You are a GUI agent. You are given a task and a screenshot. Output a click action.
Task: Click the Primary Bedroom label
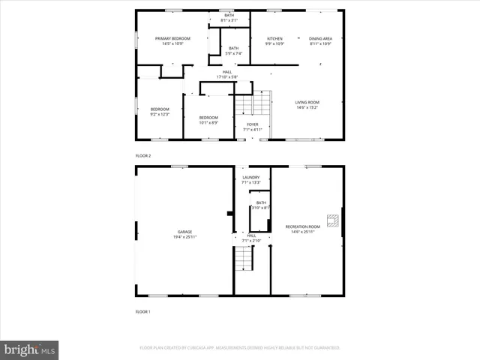tap(172, 38)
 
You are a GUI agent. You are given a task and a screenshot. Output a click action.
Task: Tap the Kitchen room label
tap(275, 38)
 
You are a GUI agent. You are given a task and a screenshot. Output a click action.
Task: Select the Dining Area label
tap(321, 38)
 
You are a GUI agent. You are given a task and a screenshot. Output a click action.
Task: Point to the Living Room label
tap(307, 102)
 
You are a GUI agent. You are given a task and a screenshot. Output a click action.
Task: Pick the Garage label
tap(184, 232)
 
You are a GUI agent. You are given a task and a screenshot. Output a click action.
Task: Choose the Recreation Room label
tap(303, 226)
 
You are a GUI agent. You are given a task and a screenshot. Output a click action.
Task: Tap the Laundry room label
tap(250, 178)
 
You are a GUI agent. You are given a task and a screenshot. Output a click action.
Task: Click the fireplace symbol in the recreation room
tap(337, 220)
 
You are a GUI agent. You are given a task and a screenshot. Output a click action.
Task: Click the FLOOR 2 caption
tap(143, 155)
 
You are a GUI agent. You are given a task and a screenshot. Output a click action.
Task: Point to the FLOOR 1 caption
tap(143, 311)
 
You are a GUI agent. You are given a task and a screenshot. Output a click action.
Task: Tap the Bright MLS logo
tap(30, 349)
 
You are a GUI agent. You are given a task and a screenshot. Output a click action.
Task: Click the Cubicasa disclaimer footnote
tap(240, 348)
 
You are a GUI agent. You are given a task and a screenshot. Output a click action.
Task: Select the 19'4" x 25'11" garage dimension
tap(184, 237)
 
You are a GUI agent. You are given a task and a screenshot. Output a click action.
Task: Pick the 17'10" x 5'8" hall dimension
tap(226, 77)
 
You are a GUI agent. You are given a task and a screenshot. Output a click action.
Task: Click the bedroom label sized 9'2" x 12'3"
tap(160, 114)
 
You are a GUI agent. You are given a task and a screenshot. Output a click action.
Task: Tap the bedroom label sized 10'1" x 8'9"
tap(208, 122)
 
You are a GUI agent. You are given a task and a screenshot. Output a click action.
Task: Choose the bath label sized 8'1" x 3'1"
tap(228, 20)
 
